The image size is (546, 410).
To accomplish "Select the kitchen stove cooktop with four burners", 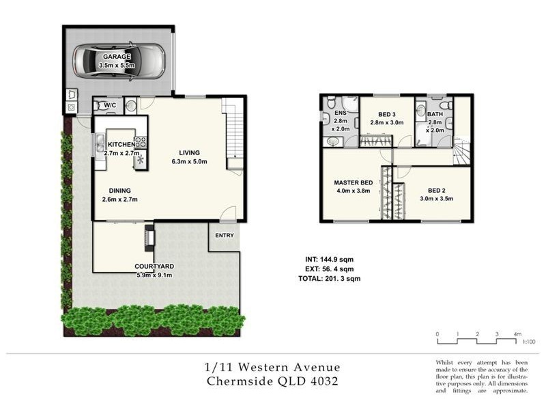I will (x=141, y=143).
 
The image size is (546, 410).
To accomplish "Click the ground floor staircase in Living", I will (x=233, y=133).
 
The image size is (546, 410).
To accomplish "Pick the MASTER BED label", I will (x=353, y=183).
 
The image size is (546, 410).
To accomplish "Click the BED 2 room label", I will (x=437, y=191).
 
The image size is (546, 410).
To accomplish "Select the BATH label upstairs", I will (x=435, y=114).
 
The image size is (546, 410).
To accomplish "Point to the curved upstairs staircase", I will (x=461, y=152).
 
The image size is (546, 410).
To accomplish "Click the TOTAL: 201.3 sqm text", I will (x=329, y=279).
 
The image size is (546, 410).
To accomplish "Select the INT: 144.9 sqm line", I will (x=329, y=260).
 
